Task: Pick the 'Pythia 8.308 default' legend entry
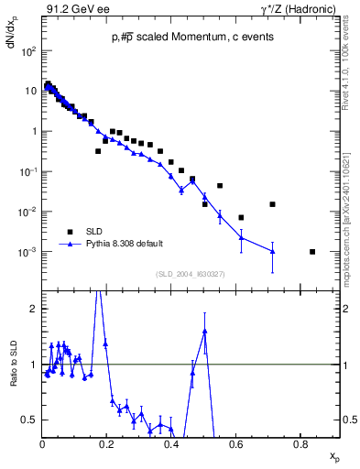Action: click(125, 244)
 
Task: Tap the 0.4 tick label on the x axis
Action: click(171, 443)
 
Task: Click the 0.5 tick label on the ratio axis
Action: click(30, 420)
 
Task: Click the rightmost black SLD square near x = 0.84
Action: click(312, 252)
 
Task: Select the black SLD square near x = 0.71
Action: click(272, 204)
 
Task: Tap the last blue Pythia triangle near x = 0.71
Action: click(272, 252)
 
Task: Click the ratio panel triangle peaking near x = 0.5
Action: click(204, 332)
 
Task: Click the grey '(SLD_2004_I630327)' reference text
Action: click(191, 273)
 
